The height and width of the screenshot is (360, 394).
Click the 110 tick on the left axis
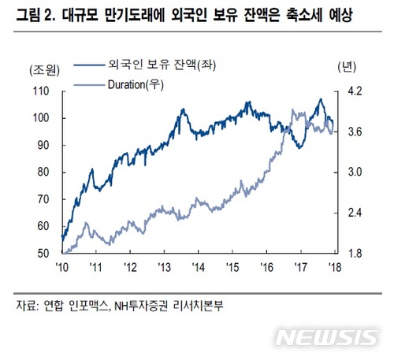(x=42, y=91)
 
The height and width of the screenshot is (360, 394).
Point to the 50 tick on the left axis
(x=45, y=254)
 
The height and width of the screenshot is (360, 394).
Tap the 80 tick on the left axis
(x=45, y=173)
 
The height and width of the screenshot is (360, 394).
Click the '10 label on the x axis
(x=61, y=268)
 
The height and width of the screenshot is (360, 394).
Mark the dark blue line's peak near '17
(x=320, y=99)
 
